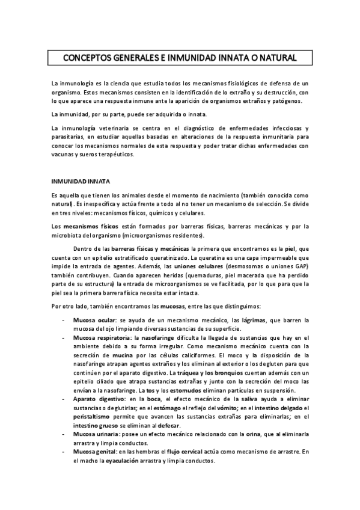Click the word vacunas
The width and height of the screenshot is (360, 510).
coord(66,153)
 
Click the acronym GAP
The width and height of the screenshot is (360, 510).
coord(298,265)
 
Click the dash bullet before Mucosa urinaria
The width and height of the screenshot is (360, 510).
coord(64,434)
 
